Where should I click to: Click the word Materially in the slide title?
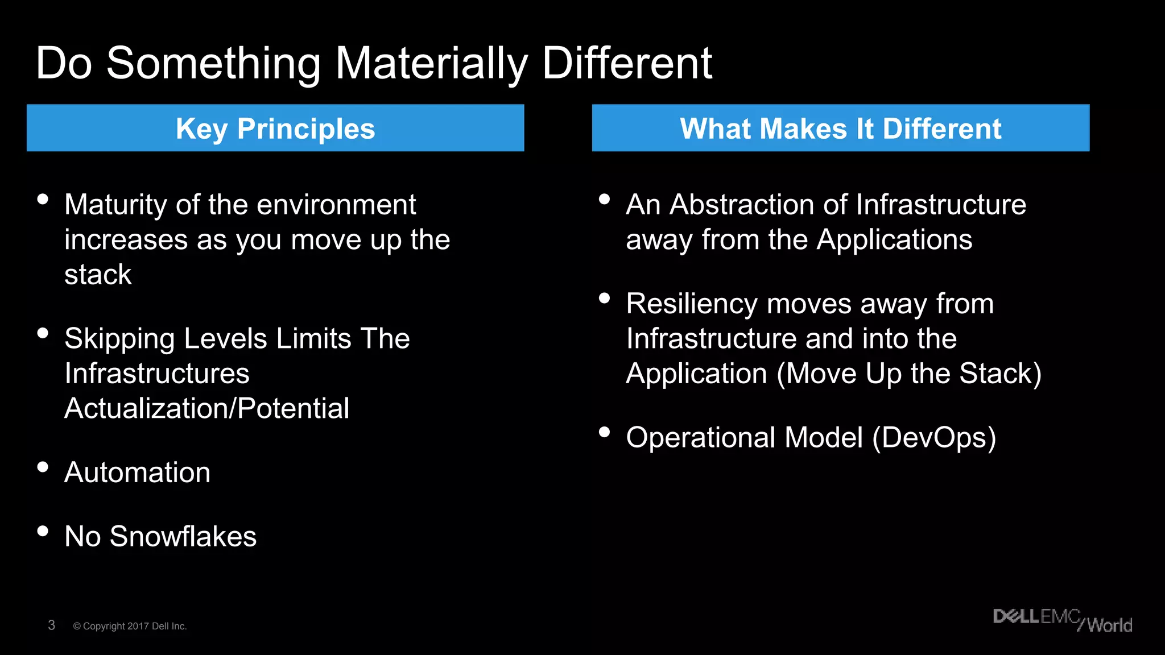pos(431,64)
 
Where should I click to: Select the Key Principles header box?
pos(275,128)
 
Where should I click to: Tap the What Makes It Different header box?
pos(840,128)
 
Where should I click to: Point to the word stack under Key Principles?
pos(98,275)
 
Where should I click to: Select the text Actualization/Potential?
pos(207,409)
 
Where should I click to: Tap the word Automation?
pos(138,472)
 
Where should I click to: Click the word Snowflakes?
pos(183,537)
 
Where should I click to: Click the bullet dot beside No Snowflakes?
pos(43,531)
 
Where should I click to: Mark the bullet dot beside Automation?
pos(43,467)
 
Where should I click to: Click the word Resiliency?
pos(692,304)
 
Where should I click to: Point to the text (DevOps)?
pos(934,438)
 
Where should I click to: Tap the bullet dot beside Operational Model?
pos(604,433)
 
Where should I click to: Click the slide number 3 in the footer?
pos(51,625)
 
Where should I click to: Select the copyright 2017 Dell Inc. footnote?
pos(130,626)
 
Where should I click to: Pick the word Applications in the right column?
pos(894,240)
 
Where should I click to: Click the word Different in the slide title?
pos(627,64)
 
